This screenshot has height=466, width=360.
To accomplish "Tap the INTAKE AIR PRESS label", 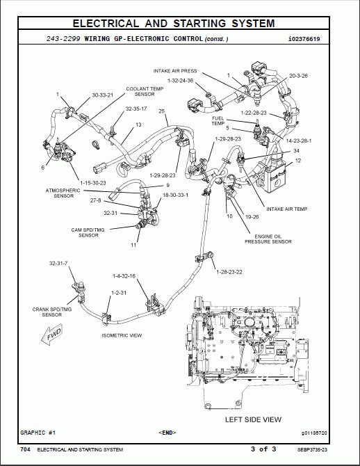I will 175,71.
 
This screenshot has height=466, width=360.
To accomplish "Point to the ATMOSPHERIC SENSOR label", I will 63,193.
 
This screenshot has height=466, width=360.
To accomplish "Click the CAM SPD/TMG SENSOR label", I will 88,232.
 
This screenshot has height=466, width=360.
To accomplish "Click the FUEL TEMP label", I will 218,122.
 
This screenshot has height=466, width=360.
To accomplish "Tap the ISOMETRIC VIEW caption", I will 122,335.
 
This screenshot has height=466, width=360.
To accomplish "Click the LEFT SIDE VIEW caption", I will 253,419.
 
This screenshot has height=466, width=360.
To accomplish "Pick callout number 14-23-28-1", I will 299,140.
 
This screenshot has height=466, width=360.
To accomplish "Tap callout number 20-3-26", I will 298,74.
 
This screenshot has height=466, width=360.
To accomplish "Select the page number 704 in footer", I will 25,449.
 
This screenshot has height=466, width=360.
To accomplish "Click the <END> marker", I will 167,433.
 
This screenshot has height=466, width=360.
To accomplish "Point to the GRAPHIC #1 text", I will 38,433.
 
